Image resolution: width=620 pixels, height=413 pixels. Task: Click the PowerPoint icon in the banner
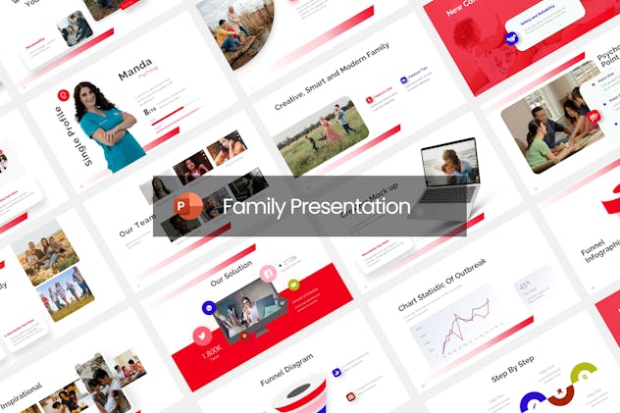pyautogui.click(x=187, y=206)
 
